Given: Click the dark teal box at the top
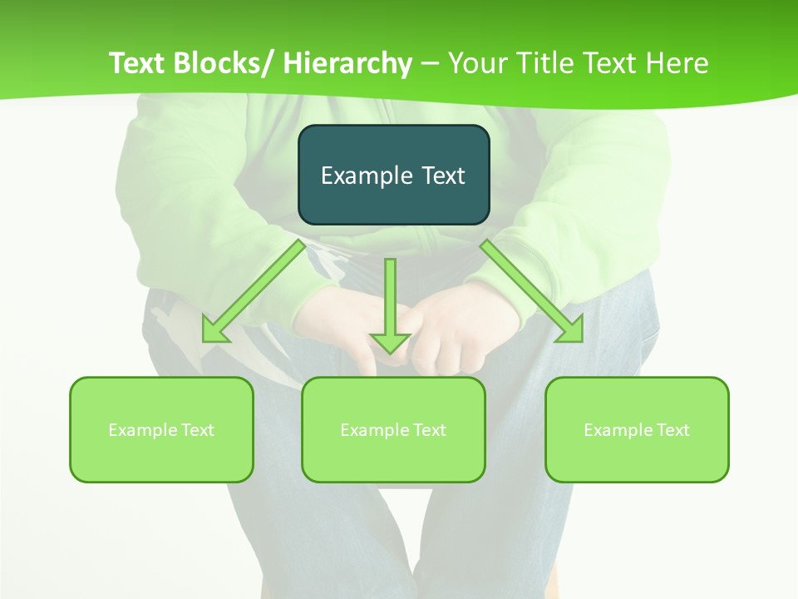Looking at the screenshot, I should pyautogui.click(x=393, y=175).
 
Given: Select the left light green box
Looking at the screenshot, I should pyautogui.click(x=161, y=429).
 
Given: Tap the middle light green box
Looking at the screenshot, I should pyautogui.click(x=393, y=429).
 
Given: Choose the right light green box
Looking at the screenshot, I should pyautogui.click(x=637, y=429).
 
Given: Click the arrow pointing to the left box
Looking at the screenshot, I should pyautogui.click(x=254, y=291).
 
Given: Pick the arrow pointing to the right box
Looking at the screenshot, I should pyautogui.click(x=532, y=291).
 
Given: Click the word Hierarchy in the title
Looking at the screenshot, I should pyautogui.click(x=347, y=63).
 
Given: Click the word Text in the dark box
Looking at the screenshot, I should pyautogui.click(x=442, y=176).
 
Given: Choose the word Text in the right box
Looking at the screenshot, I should pyautogui.click(x=672, y=430).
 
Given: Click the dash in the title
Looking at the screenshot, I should pyautogui.click(x=430, y=63).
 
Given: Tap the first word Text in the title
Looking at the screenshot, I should pyautogui.click(x=138, y=63).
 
